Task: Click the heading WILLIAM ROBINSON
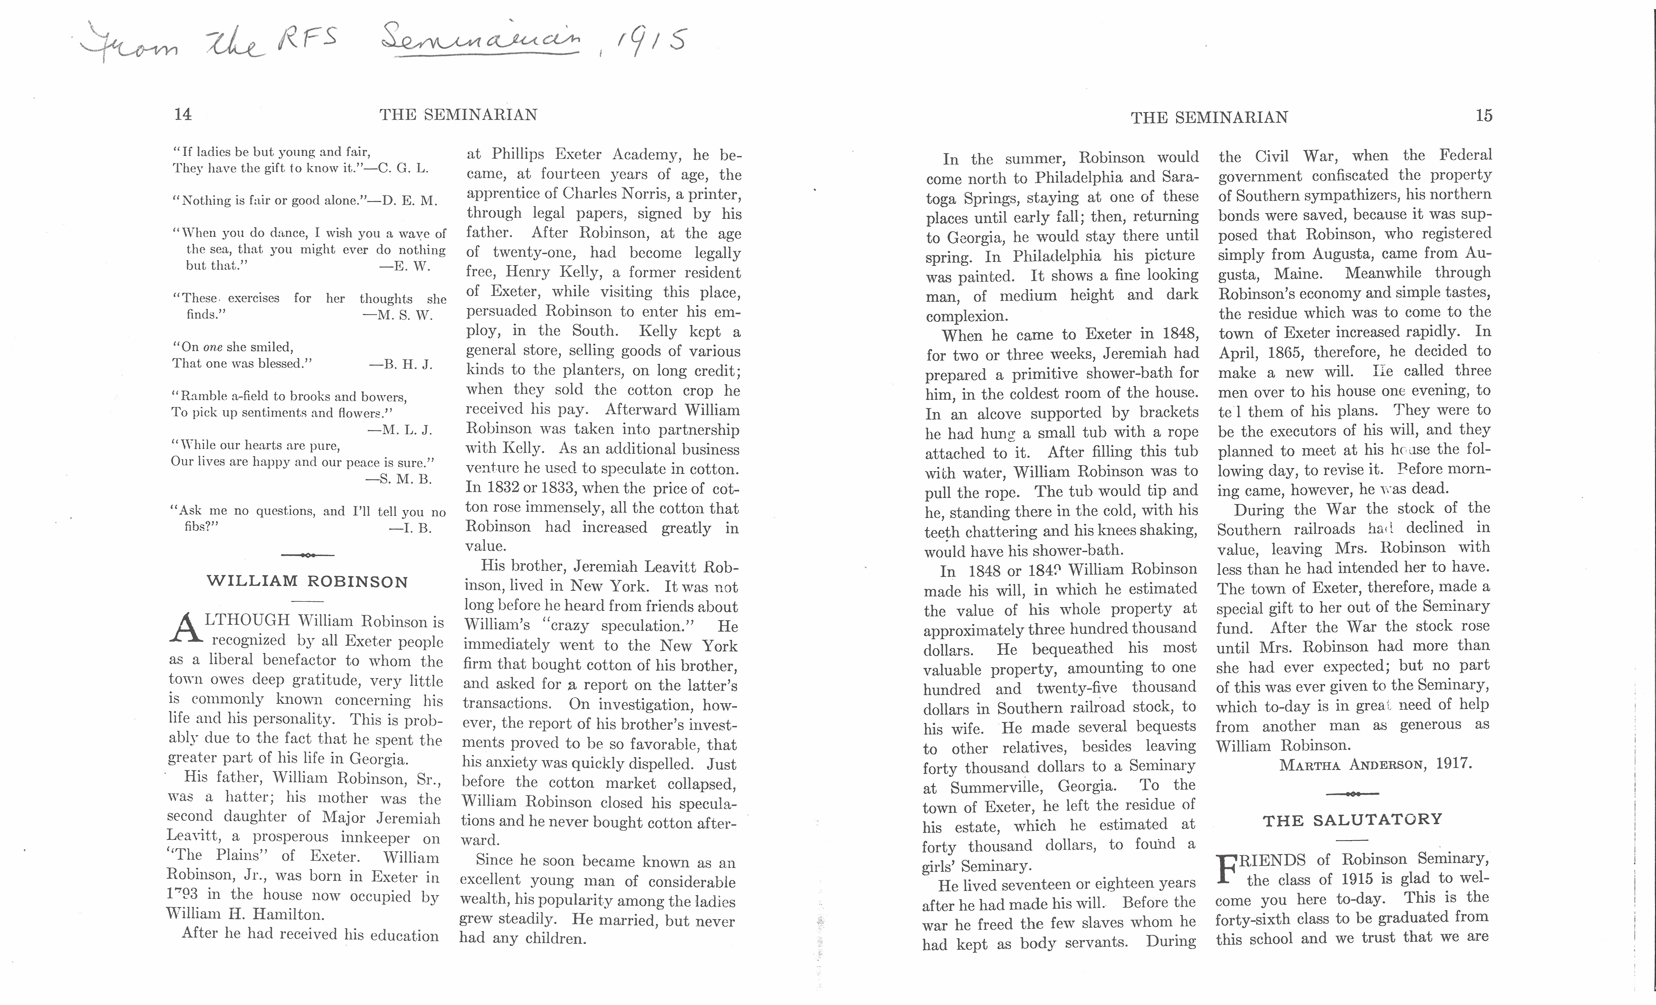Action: (307, 581)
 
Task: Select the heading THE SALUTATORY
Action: (1352, 819)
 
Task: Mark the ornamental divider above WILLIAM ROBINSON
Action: (307, 555)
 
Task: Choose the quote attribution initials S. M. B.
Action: (399, 479)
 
